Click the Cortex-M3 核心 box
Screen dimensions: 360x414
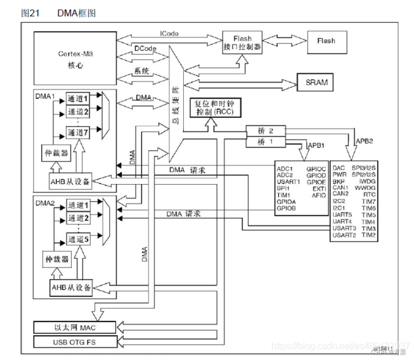74,58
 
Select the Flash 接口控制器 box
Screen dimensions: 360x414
242,42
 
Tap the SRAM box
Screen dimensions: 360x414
316,82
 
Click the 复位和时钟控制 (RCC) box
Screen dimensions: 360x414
214,107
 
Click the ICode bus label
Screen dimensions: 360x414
168,34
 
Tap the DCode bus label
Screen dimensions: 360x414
146,48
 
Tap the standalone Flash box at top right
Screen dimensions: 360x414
326,41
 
